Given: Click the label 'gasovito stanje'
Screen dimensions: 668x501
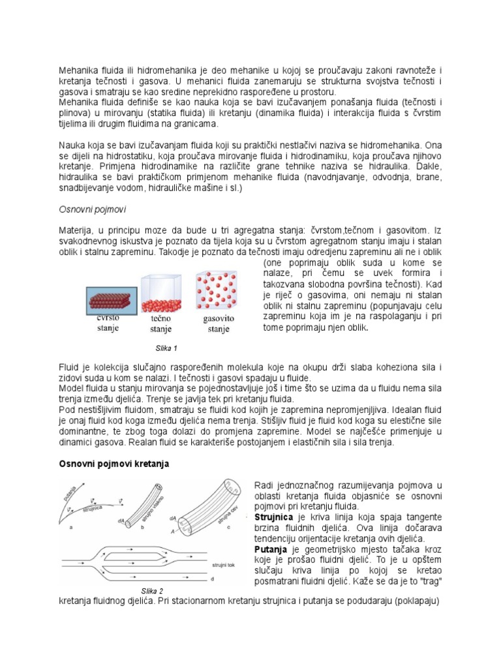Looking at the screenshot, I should pos(219,324).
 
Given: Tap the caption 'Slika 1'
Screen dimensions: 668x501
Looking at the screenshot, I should pos(163,348).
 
